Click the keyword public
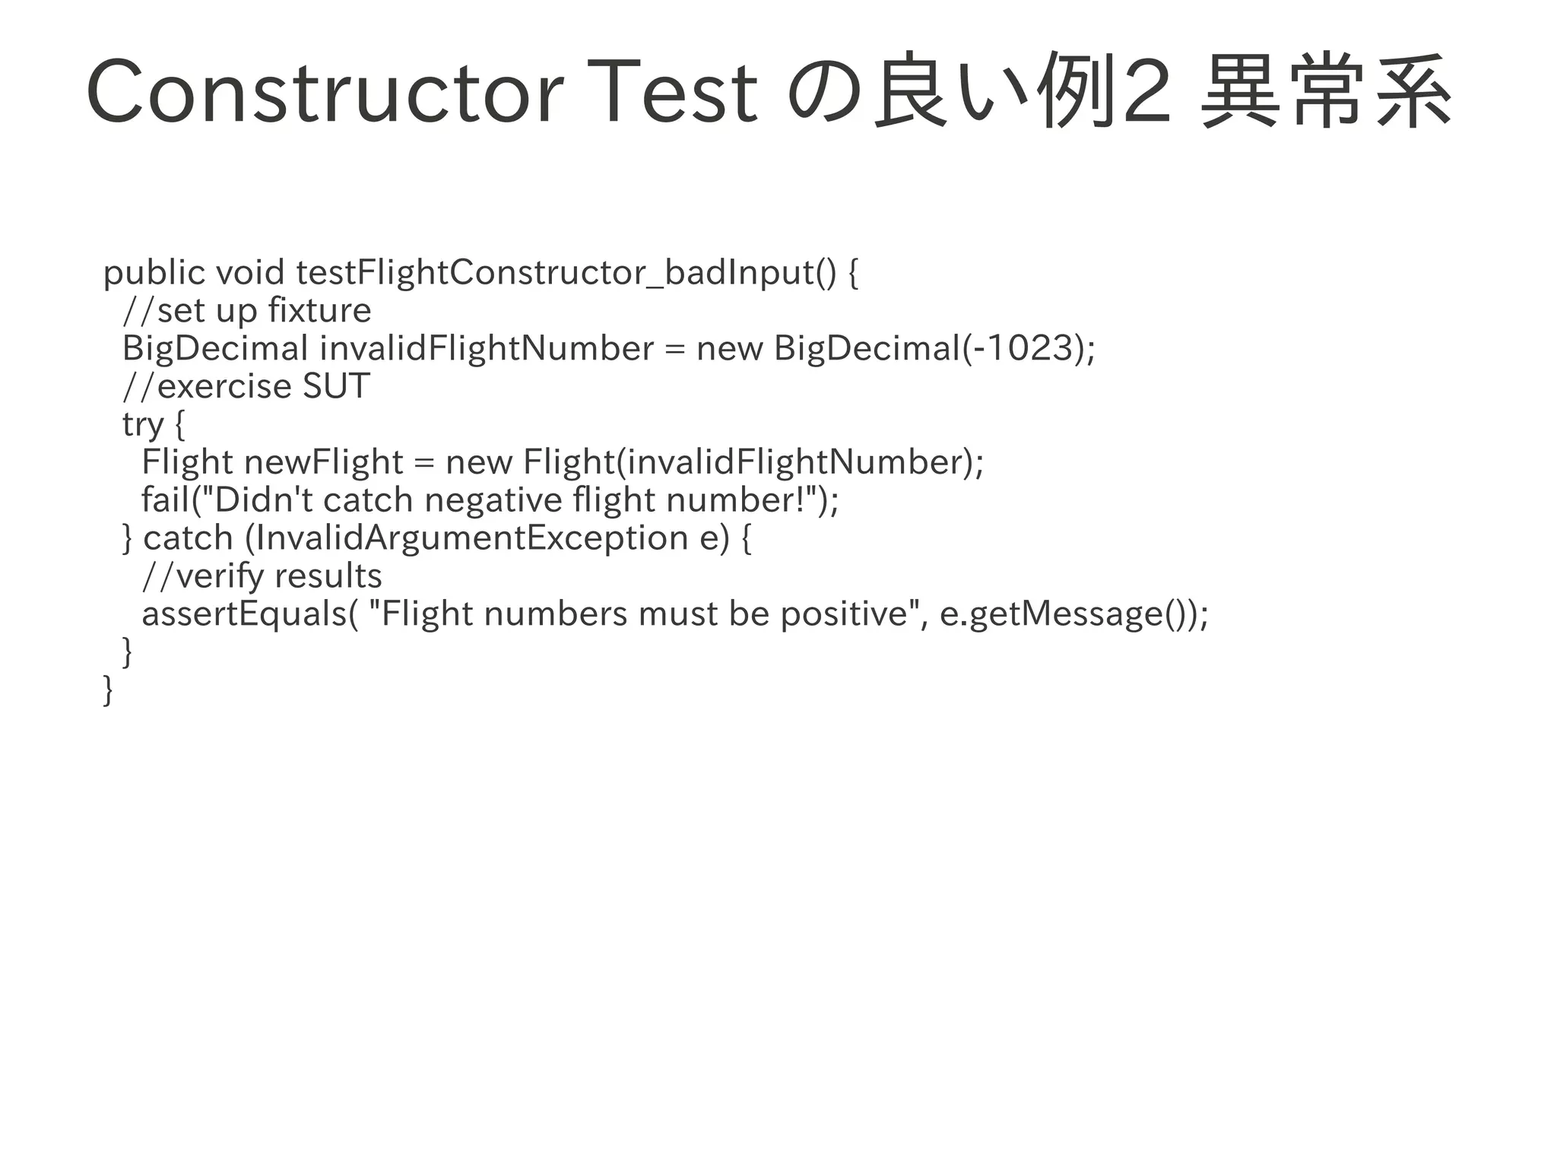point(154,273)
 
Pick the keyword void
point(250,273)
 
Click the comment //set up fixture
point(247,310)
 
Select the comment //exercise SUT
point(246,386)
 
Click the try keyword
point(143,424)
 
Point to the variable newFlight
point(324,462)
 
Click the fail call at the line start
point(165,500)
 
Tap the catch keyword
point(188,538)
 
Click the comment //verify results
point(262,576)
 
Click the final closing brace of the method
point(108,690)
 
